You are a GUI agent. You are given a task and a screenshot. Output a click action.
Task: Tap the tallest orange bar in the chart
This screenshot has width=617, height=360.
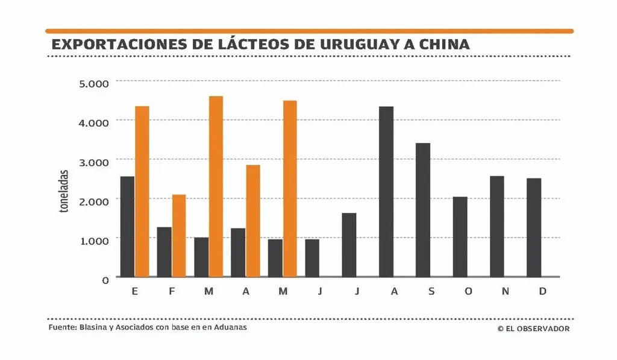216,186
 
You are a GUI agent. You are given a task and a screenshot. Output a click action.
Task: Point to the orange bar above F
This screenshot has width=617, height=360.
179,235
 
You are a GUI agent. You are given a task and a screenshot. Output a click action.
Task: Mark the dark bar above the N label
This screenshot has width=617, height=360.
497,226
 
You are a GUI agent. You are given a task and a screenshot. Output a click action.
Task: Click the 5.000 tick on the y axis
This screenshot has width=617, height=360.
93,82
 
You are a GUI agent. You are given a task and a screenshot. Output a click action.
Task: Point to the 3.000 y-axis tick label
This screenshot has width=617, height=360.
93,161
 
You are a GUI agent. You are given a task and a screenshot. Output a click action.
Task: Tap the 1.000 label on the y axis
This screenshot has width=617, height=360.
93,239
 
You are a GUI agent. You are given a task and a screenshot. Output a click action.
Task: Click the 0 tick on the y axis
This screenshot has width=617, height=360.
105,279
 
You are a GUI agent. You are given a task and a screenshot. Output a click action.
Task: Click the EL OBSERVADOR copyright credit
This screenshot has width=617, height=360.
533,329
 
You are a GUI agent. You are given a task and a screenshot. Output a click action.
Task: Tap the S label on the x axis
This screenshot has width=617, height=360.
431,292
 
